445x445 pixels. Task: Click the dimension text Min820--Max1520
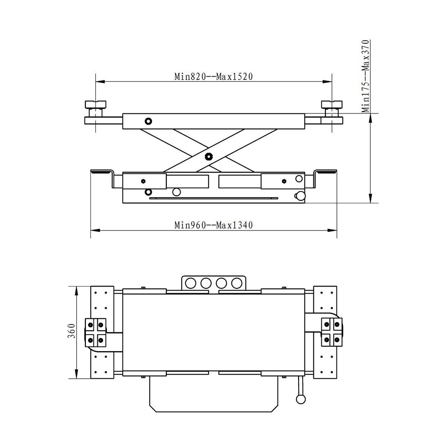coord(213,76)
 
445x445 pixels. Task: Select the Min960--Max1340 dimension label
coord(213,225)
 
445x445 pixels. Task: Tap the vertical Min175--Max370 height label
coord(366,76)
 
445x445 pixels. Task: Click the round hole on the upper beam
coord(148,121)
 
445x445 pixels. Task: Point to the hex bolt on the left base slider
coord(143,181)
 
